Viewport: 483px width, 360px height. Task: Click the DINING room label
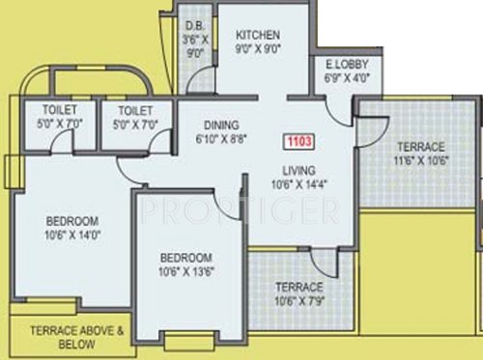coord(221,124)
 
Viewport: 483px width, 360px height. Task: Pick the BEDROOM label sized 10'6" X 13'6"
coord(186,258)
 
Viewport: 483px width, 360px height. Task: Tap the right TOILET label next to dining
coord(123,109)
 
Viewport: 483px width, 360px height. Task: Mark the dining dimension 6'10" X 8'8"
coord(221,138)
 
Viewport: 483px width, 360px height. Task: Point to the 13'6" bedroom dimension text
coord(186,272)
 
